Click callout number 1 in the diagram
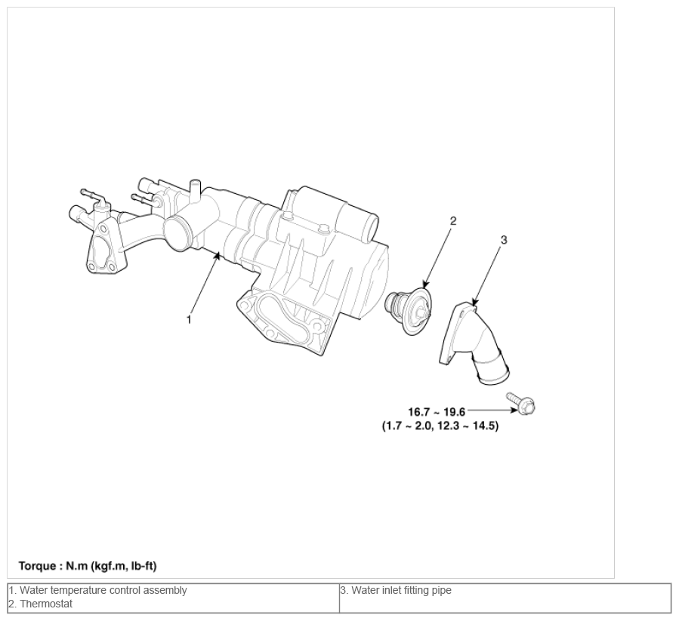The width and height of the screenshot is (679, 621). (x=189, y=320)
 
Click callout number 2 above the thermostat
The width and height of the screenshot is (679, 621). (x=453, y=220)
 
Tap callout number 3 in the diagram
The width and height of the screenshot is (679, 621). (x=504, y=240)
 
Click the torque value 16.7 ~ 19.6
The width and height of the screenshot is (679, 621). (x=437, y=411)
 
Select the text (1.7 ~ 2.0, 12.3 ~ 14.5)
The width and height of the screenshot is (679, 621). (x=440, y=426)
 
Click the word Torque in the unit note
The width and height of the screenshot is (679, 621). (x=37, y=566)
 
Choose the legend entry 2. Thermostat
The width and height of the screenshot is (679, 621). (x=41, y=604)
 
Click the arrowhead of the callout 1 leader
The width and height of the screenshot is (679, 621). (x=218, y=257)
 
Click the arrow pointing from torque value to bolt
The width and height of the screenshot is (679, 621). (x=492, y=410)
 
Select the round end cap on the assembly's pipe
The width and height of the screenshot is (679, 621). (x=178, y=234)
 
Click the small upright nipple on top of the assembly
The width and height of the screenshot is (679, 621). (x=196, y=189)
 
